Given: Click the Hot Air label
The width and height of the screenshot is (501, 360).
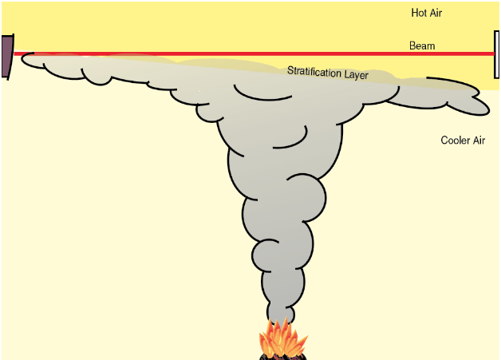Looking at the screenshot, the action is pyautogui.click(x=426, y=13).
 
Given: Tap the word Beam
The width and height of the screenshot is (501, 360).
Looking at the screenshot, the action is pyautogui.click(x=422, y=45).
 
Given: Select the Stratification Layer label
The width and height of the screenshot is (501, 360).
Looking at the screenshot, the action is pyautogui.click(x=328, y=73).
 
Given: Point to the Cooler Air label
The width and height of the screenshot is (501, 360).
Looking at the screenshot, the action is pyautogui.click(x=463, y=140).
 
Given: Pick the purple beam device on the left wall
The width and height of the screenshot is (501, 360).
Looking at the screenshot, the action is pyautogui.click(x=6, y=56).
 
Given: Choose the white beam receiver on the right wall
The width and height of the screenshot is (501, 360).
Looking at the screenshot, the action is pyautogui.click(x=497, y=54).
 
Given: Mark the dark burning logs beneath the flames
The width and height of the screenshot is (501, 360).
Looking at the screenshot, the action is pyautogui.click(x=279, y=355).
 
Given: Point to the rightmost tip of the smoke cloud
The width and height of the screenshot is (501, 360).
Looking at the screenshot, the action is pyautogui.click(x=487, y=108).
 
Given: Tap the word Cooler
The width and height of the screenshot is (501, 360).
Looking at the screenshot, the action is pyautogui.click(x=455, y=140).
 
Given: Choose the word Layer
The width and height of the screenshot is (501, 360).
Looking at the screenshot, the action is pyautogui.click(x=356, y=76).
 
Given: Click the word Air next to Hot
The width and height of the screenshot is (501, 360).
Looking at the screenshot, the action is pyautogui.click(x=436, y=13).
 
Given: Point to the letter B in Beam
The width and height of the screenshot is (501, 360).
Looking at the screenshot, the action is pyautogui.click(x=412, y=45).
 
